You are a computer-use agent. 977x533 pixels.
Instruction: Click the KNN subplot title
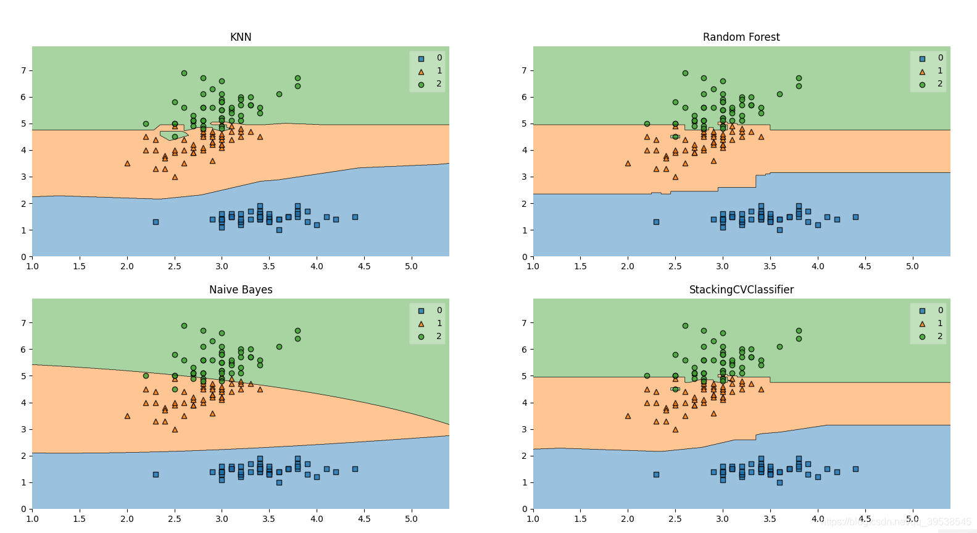241,37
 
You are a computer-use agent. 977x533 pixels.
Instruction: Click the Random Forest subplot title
741,37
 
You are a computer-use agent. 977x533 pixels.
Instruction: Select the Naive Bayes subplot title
241,290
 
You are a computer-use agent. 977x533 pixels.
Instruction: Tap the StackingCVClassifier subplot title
741,290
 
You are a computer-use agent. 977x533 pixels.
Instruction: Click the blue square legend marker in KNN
421,59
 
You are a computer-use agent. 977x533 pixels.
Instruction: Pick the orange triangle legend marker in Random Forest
922,72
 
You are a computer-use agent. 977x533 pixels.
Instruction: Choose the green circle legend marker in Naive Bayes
421,337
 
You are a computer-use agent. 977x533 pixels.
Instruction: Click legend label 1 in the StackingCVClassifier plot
940,323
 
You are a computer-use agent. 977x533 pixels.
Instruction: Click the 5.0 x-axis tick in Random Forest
912,266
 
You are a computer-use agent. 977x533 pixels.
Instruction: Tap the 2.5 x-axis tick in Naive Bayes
175,519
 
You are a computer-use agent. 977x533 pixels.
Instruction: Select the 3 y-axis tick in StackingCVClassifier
525,429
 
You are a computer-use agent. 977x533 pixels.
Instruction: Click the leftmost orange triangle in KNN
127,163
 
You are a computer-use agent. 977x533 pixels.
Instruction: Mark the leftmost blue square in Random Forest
656,222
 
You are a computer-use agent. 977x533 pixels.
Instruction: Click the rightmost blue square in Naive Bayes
355,469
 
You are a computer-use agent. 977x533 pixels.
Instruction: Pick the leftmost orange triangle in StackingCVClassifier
628,416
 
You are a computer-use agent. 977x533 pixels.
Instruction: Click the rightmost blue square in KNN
355,217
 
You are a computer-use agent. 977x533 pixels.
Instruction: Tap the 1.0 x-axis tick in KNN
32,266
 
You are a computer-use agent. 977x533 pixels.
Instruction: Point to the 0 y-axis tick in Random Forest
525,256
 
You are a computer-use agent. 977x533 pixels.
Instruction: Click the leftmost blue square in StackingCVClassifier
656,474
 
